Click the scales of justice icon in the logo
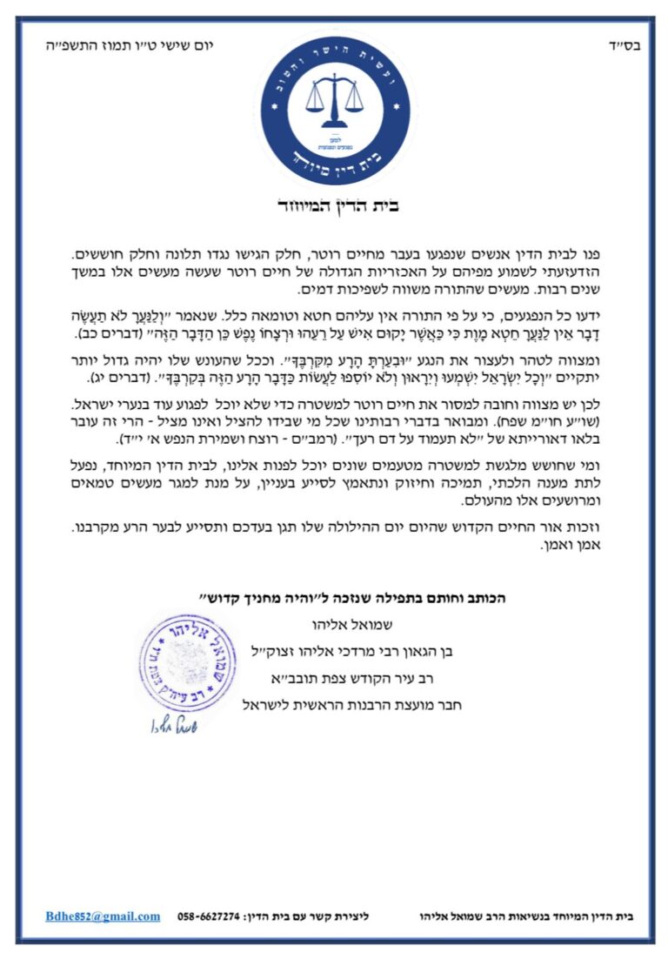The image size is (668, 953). coord(334,97)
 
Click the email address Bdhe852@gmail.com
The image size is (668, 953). coord(103,916)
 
